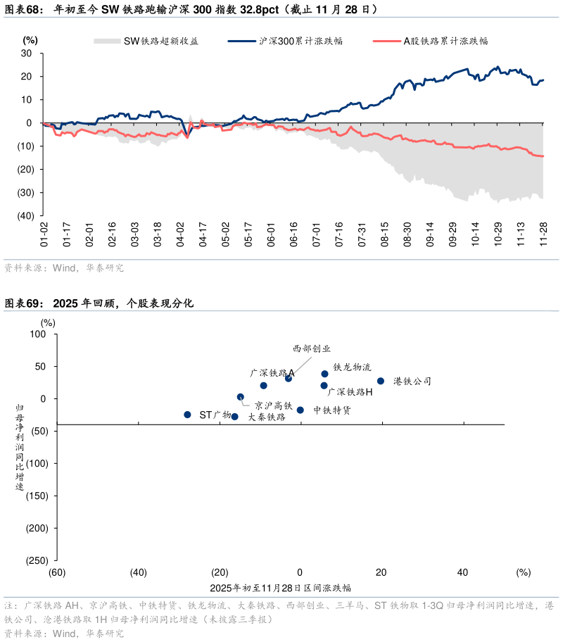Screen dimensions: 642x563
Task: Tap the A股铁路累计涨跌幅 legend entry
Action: (430, 41)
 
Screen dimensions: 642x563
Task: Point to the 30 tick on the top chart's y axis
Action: (27, 53)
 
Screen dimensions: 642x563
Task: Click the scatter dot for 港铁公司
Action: (381, 381)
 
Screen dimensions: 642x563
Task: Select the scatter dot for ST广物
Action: (187, 415)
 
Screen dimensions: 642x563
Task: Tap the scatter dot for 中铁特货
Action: (300, 410)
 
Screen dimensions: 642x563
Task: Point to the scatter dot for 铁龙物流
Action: (324, 374)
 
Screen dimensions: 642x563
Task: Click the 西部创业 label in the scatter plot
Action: (311, 348)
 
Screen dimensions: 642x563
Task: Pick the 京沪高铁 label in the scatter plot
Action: (274, 405)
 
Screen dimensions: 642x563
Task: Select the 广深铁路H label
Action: (350, 391)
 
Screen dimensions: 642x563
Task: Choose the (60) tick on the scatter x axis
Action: (57, 572)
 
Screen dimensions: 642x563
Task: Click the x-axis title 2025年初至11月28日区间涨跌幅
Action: (279, 587)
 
